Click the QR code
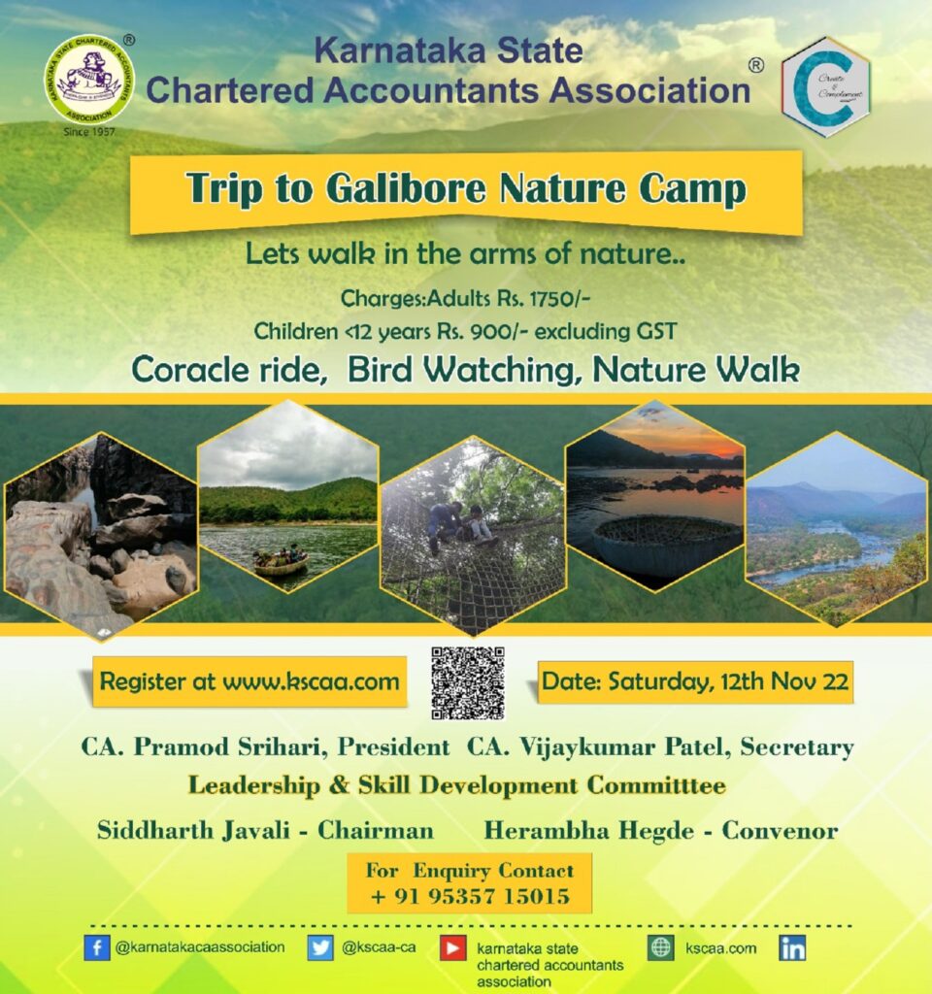point(468,682)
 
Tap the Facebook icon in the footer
point(96,947)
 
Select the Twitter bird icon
point(320,947)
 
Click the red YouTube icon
point(452,947)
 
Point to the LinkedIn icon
point(792,947)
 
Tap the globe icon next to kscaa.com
point(661,947)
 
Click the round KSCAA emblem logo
point(89,80)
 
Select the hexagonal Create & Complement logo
point(825,87)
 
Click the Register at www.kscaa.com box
point(250,681)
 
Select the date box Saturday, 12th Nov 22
point(695,681)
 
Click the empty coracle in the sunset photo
point(666,544)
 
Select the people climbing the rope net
point(459,522)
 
